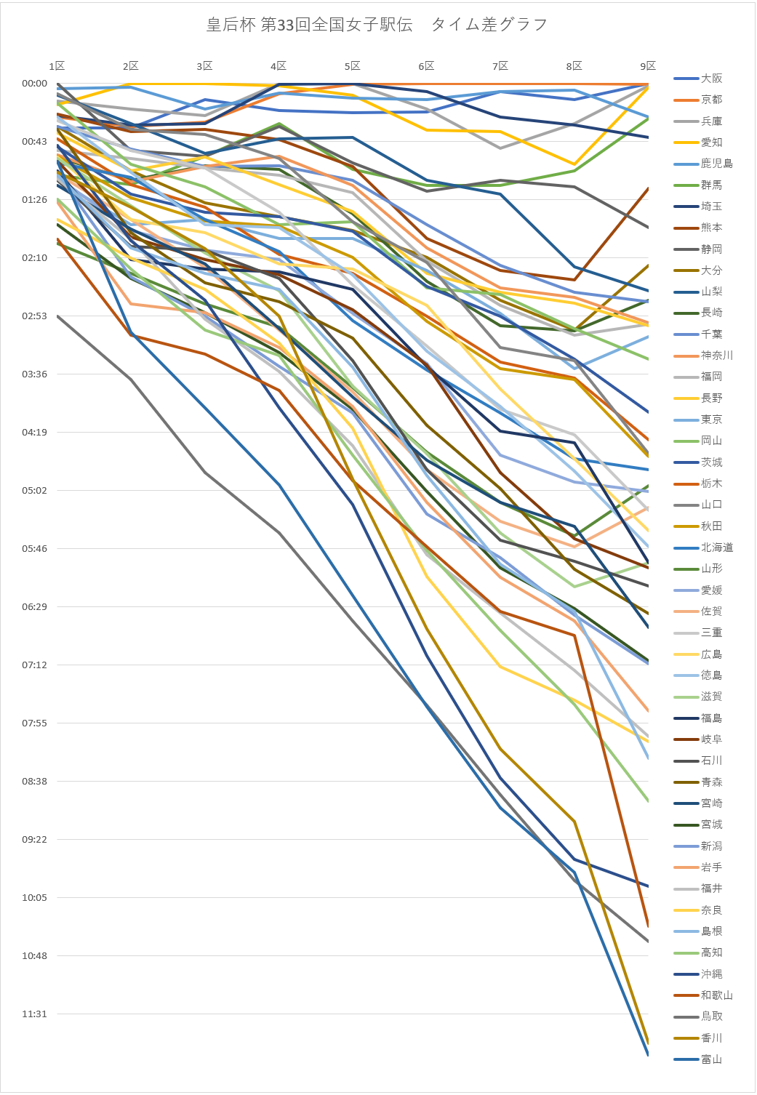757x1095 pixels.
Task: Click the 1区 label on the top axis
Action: pos(57,66)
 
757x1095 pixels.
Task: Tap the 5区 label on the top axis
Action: pos(353,66)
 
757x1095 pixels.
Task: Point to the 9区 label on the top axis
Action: pos(648,66)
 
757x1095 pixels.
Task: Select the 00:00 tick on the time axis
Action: pos(34,84)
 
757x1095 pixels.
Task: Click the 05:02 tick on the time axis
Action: pos(34,491)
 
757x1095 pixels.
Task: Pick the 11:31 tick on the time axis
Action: pos(34,1014)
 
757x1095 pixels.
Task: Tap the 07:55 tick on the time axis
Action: pos(34,723)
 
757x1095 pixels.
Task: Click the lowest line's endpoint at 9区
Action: pos(648,1055)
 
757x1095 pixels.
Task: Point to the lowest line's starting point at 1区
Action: pos(57,316)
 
